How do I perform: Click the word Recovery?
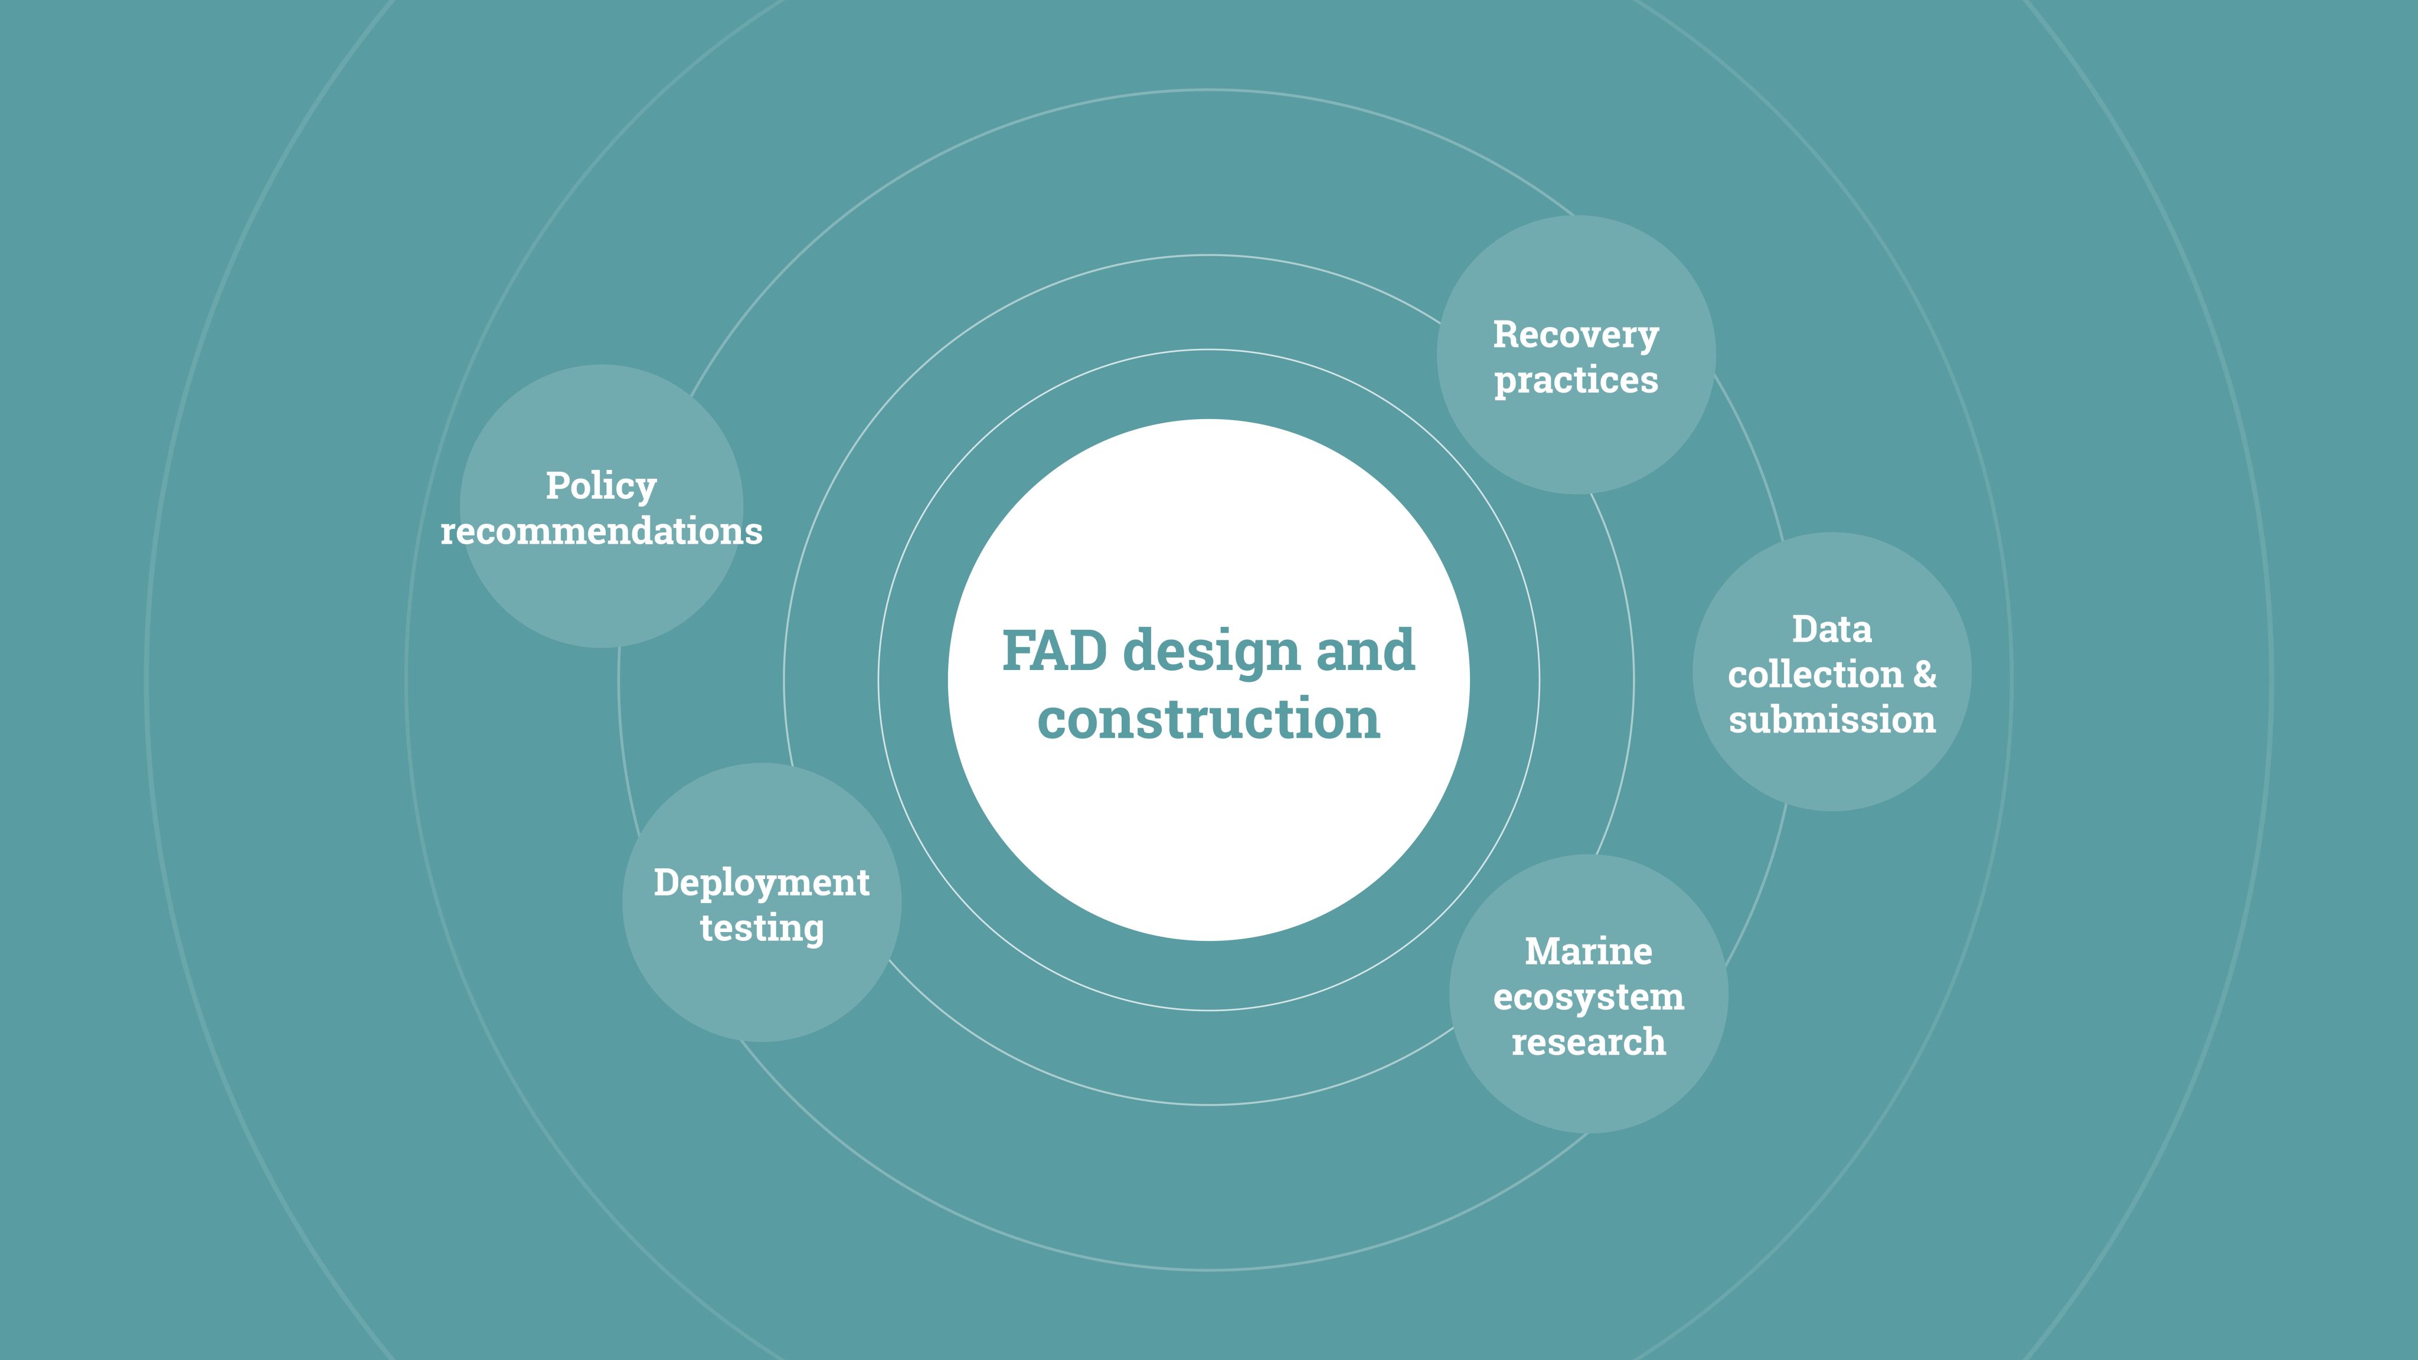(x=1576, y=335)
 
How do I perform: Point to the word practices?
(x=1576, y=380)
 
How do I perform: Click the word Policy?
(x=601, y=487)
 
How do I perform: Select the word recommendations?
(x=601, y=531)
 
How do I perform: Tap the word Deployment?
(x=762, y=883)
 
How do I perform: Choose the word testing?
(x=762, y=929)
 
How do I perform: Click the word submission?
(x=1831, y=720)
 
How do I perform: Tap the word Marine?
(x=1588, y=952)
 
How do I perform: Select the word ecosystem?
(x=1588, y=998)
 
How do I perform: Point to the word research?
(x=1588, y=1042)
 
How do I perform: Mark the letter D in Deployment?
(x=665, y=882)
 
